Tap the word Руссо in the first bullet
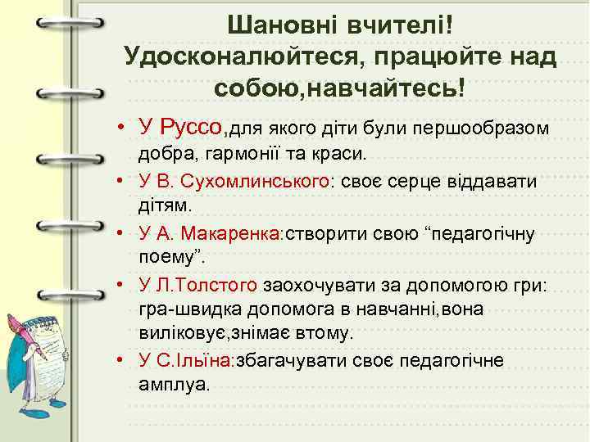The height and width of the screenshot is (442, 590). point(192,127)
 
